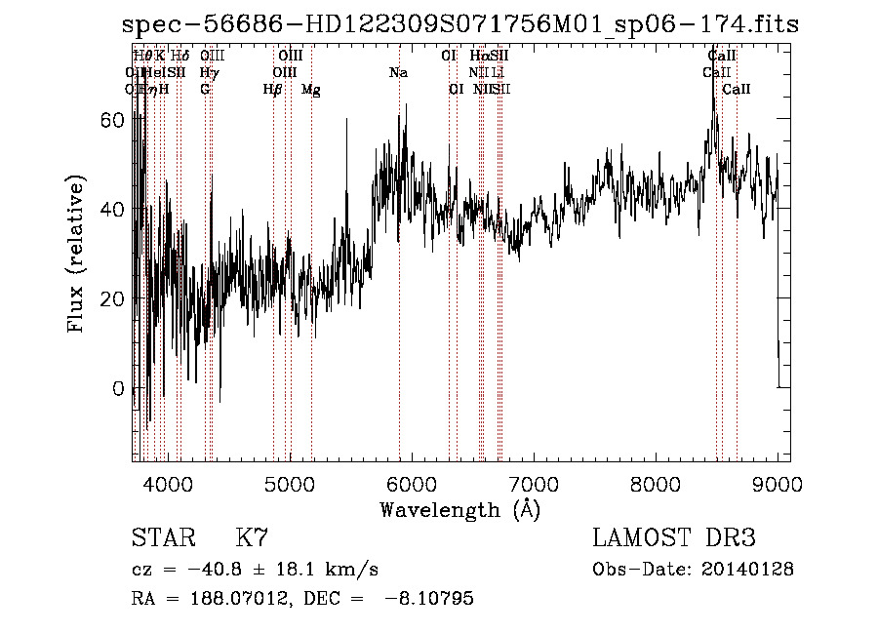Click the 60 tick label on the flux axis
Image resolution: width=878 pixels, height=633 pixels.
pos(113,119)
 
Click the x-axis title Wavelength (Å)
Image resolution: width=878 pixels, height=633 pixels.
pos(459,509)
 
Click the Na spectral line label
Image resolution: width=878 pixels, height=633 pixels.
pos(398,72)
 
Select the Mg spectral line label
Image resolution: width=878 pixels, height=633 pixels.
pos(311,90)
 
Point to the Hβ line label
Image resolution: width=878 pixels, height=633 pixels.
pos(273,90)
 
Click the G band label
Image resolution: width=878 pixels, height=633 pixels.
pos(205,90)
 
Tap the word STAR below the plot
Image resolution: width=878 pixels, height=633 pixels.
pos(163,538)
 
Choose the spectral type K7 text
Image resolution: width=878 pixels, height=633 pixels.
pos(252,538)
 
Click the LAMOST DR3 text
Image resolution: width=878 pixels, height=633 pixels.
pos(674,538)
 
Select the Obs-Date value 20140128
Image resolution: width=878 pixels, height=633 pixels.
pos(751,570)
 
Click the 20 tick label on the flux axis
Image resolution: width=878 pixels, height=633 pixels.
pos(113,298)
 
